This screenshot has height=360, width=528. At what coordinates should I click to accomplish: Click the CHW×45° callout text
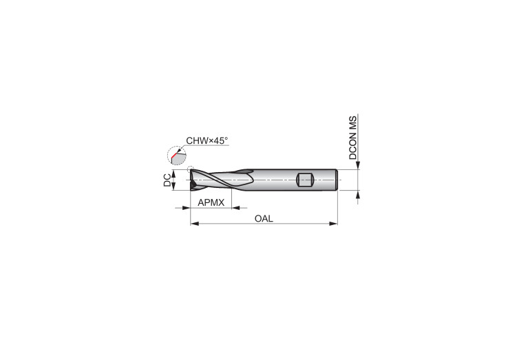pyautogui.click(x=207, y=141)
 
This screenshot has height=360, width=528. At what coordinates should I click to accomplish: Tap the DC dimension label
pyautogui.click(x=167, y=180)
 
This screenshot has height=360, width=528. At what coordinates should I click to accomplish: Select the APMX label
pyautogui.click(x=211, y=203)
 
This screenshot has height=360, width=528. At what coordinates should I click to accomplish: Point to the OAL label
pyautogui.click(x=264, y=219)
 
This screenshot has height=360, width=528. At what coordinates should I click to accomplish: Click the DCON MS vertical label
pyautogui.click(x=352, y=138)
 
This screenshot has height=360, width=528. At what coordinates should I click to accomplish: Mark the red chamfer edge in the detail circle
pyautogui.click(x=173, y=156)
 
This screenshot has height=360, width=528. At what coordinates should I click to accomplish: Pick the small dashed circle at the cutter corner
pyautogui.click(x=191, y=169)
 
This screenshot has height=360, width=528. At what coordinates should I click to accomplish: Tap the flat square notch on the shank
pyautogui.click(x=306, y=180)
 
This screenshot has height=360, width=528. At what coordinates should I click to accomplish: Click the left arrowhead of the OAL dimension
pyautogui.click(x=195, y=223)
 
